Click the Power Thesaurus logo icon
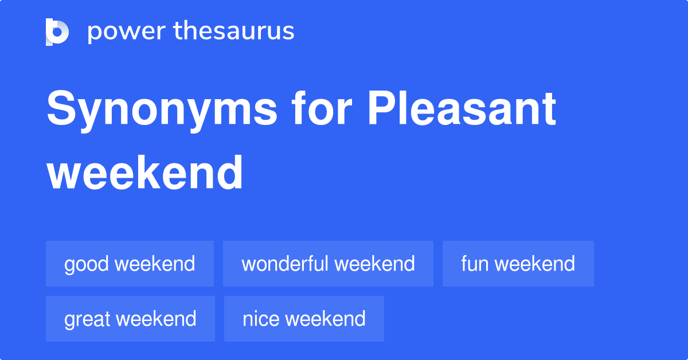tap(57, 32)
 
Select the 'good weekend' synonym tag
tap(130, 264)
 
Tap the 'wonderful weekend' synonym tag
tap(328, 264)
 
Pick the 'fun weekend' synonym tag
tap(518, 264)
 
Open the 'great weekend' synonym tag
tap(130, 319)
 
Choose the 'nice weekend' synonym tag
tap(304, 319)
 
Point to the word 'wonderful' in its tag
tap(285, 264)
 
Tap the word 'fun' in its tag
tap(474, 264)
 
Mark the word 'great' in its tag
tap(88, 319)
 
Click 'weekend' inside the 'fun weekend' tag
tap(535, 264)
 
